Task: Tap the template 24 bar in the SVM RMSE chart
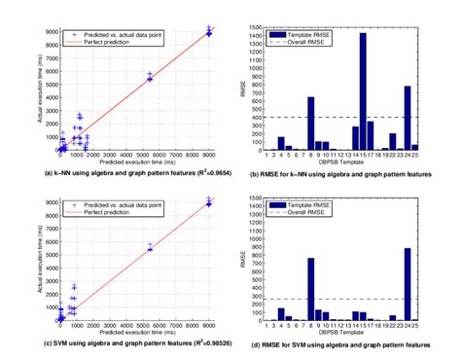[x=435, y=285]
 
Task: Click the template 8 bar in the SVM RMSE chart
[x=311, y=290]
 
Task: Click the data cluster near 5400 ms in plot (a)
[x=150, y=77]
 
